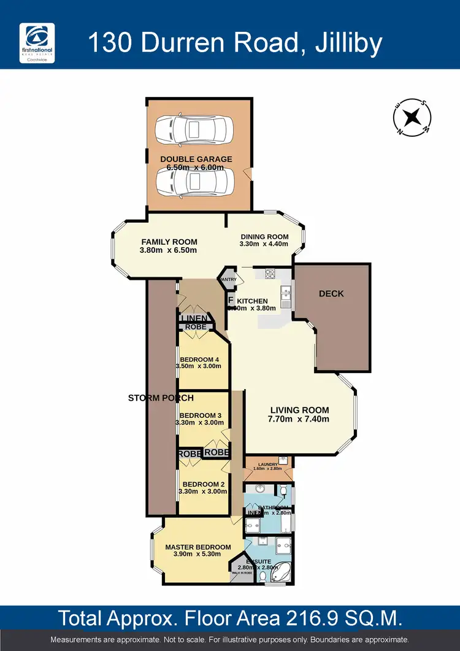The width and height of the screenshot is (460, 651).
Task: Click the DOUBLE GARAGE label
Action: coord(196,159)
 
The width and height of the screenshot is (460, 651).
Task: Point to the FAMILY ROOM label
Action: coord(169,241)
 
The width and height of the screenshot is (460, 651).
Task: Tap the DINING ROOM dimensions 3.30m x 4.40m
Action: coord(264,244)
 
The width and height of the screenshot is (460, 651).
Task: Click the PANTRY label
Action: coord(228,280)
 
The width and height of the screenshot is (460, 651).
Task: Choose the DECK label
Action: coord(331,293)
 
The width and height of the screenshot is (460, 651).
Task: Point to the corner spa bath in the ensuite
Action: coord(280,570)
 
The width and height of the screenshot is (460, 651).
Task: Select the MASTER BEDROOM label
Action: coord(198,547)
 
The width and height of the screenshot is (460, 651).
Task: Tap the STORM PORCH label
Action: coord(161,398)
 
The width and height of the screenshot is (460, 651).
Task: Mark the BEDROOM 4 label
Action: coord(199,360)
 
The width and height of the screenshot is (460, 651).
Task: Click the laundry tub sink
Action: coord(283,459)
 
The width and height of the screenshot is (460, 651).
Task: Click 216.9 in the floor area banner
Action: coord(282,617)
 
